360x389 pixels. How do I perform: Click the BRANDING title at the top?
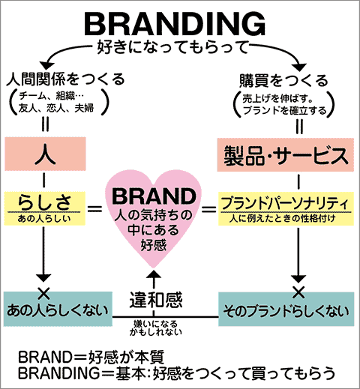[175, 24]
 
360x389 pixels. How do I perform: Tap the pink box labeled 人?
[45, 154]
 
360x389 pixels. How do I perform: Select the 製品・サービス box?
[286, 154]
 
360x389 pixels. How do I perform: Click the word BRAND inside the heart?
[154, 196]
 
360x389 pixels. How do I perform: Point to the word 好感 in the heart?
[154, 244]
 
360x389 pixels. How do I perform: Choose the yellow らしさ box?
[45, 208]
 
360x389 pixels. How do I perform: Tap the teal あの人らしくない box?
[58, 309]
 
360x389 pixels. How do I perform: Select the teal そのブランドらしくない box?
[286, 309]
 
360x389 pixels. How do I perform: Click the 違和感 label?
[156, 300]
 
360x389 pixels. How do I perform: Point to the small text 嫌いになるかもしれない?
[155, 328]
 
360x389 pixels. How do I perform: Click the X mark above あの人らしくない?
[43, 293]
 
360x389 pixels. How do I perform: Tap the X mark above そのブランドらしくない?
[298, 292]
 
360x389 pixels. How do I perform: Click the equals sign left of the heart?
[95, 208]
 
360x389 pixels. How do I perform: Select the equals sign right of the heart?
[209, 209]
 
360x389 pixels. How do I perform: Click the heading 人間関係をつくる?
[65, 79]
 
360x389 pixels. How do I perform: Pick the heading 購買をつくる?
[283, 80]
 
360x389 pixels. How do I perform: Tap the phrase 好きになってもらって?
[172, 47]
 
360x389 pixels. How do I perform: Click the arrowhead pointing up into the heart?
[154, 274]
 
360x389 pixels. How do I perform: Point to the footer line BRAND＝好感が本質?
[91, 358]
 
